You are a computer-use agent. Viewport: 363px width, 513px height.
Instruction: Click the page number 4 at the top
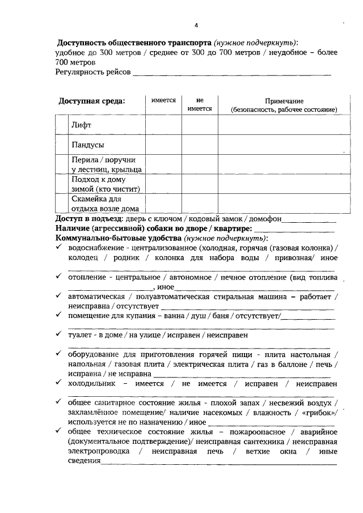[196, 26]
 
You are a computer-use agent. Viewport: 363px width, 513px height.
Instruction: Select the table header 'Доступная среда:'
[92, 101]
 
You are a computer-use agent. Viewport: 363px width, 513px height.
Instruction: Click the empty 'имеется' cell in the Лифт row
[163, 124]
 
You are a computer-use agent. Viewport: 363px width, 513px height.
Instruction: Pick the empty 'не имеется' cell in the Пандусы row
[200, 144]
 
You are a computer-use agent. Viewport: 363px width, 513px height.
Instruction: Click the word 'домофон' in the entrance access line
[265, 219]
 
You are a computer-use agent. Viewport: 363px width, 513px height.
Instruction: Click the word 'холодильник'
[91, 383]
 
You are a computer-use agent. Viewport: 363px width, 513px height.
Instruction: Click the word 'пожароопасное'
[243, 432]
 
